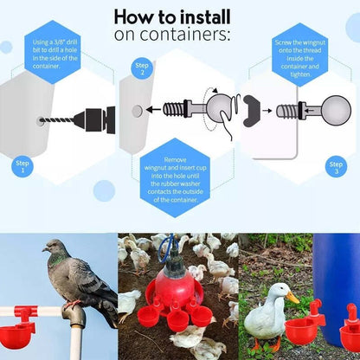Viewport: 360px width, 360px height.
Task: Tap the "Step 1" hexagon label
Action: [23, 166]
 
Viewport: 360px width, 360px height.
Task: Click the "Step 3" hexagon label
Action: [336, 166]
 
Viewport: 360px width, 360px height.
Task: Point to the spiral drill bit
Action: [60, 120]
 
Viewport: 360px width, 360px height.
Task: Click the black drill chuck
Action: [98, 119]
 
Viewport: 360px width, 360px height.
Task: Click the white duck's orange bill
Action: [292, 299]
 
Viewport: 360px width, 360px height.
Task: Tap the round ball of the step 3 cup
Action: [335, 110]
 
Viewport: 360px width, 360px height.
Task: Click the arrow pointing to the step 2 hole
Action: [156, 110]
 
